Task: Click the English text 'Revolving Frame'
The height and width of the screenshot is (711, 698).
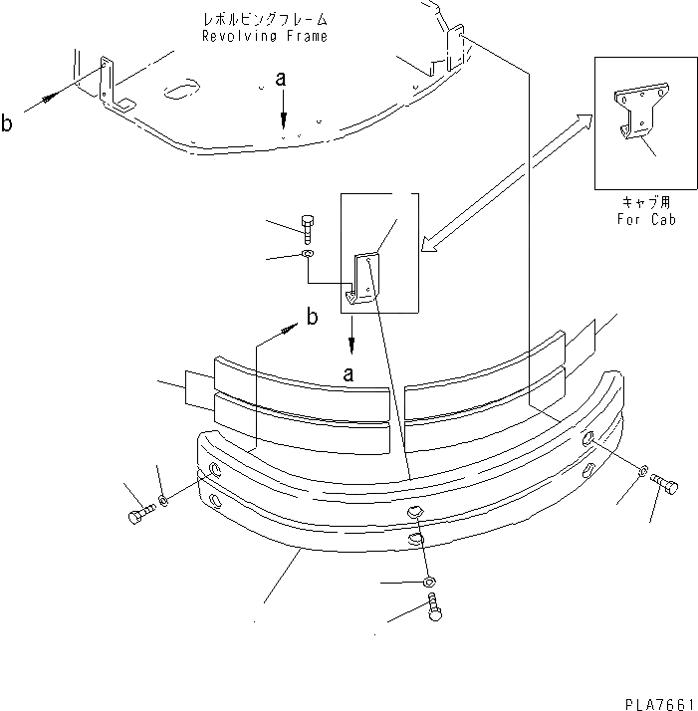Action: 264,36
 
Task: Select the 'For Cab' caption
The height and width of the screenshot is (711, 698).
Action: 645,219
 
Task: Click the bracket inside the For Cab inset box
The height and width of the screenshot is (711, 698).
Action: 633,117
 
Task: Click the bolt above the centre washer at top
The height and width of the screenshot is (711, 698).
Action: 307,228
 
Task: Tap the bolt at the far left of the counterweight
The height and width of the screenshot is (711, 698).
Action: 139,516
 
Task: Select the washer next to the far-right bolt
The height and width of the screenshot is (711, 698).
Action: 644,469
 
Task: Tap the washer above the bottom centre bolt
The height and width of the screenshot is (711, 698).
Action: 429,582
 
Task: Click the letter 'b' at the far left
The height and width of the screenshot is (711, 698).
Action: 9,123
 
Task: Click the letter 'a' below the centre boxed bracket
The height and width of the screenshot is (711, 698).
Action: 349,374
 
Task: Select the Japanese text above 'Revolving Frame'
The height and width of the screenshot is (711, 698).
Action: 264,20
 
